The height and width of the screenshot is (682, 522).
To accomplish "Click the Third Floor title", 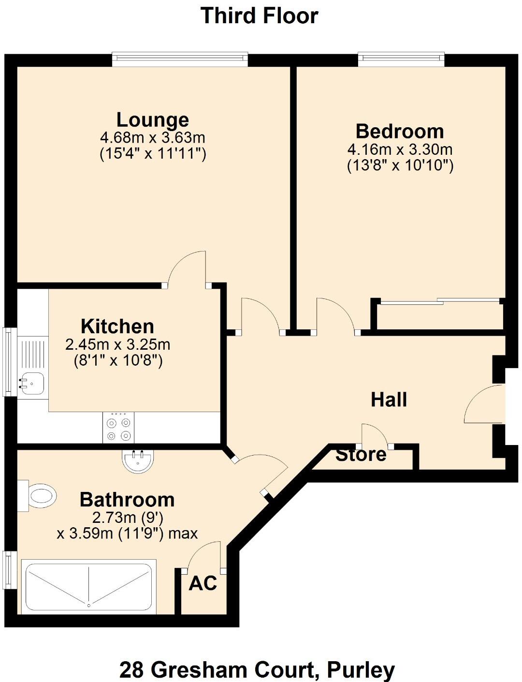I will click(260, 15).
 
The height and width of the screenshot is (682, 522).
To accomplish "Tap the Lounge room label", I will click(153, 119).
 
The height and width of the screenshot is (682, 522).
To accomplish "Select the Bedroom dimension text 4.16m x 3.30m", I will click(400, 149).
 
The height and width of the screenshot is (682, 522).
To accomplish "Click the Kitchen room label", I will click(117, 326).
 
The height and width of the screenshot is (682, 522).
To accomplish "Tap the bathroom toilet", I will click(38, 496).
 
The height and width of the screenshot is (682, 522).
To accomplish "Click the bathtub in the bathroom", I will click(89, 586).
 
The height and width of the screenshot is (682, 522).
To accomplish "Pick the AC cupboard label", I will click(203, 583).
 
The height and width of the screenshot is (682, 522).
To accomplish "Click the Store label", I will click(361, 455).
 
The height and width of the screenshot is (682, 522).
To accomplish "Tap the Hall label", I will click(389, 400).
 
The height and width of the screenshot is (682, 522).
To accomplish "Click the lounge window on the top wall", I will click(180, 59).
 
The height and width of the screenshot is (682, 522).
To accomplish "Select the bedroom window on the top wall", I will click(401, 59).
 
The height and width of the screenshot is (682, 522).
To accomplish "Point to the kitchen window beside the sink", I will click(9, 361).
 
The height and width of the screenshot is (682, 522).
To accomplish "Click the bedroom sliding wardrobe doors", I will click(440, 302).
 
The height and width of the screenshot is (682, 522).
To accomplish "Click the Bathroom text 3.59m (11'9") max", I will click(127, 534).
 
